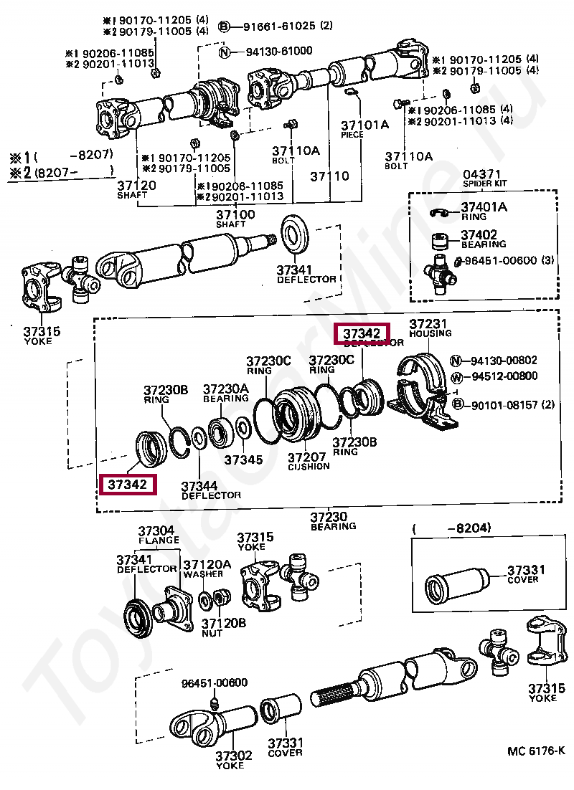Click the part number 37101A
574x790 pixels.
coord(364,125)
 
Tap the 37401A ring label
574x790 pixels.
coord(484,207)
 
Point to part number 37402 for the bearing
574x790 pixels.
coord(479,234)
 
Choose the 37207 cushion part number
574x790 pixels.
coord(308,457)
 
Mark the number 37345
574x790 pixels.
coord(243,460)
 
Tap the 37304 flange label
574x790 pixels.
coord(156,531)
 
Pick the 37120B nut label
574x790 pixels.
coord(223,623)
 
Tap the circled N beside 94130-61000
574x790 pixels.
coord(224,51)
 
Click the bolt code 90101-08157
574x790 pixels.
coord(504,405)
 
